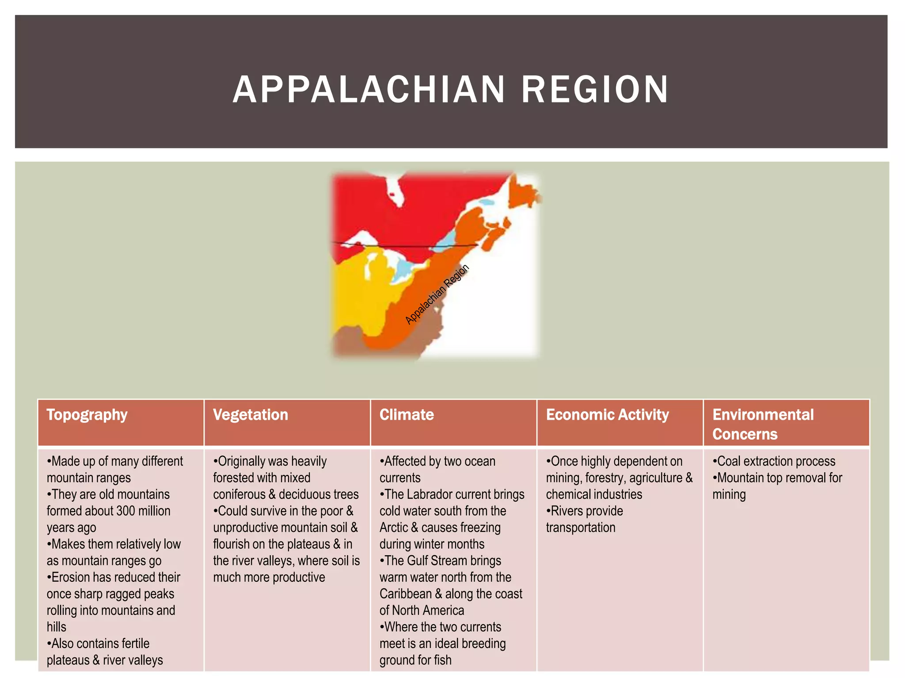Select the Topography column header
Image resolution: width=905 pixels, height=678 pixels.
tap(87, 415)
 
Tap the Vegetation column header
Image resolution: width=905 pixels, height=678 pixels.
tap(251, 415)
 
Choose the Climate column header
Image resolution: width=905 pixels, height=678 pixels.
tap(407, 415)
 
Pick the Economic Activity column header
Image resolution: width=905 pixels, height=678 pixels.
tap(607, 415)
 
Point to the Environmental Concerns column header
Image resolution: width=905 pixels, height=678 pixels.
tap(763, 424)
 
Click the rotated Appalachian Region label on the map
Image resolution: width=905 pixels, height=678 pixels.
tap(437, 294)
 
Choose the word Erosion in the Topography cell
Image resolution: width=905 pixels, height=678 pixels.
tap(72, 577)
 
